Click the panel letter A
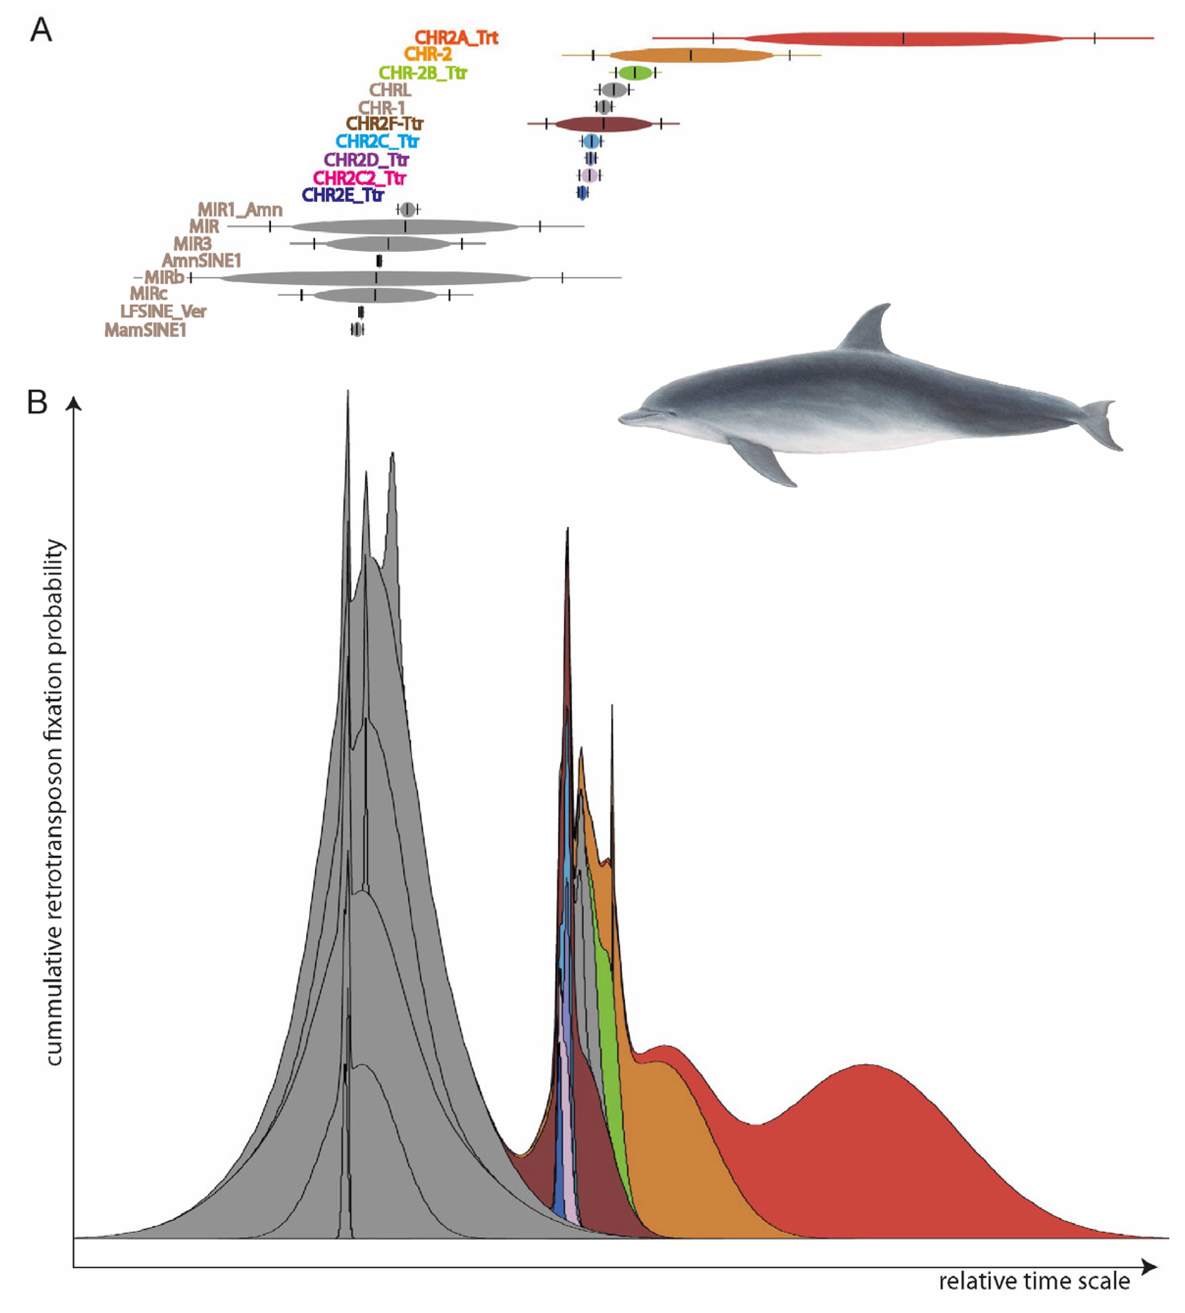41,30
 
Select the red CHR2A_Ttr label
457,38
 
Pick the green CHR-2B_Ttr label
423,73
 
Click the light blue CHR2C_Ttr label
377,141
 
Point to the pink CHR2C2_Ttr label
360,178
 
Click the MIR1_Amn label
240,210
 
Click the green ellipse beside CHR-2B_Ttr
635,73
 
